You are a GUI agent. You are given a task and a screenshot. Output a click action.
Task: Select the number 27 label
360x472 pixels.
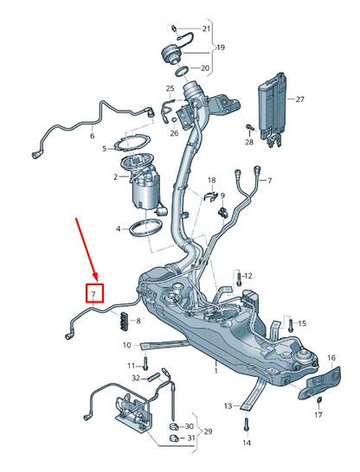pyautogui.click(x=300, y=99)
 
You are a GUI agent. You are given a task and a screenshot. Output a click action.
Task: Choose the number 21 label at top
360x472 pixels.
pyautogui.click(x=206, y=29)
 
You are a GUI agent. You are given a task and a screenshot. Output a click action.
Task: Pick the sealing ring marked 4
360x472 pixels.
pyautogui.click(x=146, y=230)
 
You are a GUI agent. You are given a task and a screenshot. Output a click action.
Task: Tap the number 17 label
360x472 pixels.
pyautogui.click(x=318, y=415)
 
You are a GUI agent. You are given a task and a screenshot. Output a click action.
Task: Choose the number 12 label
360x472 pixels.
pyautogui.click(x=247, y=276)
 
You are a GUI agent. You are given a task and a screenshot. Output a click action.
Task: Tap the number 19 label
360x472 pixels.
pyautogui.click(x=220, y=48)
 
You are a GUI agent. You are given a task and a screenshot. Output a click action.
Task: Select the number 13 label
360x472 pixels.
pyautogui.click(x=227, y=405)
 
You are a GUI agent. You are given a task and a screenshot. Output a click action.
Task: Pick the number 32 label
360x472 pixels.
pyautogui.click(x=136, y=378)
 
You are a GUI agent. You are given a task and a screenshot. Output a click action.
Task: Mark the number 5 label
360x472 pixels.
pyautogui.click(x=106, y=149)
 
